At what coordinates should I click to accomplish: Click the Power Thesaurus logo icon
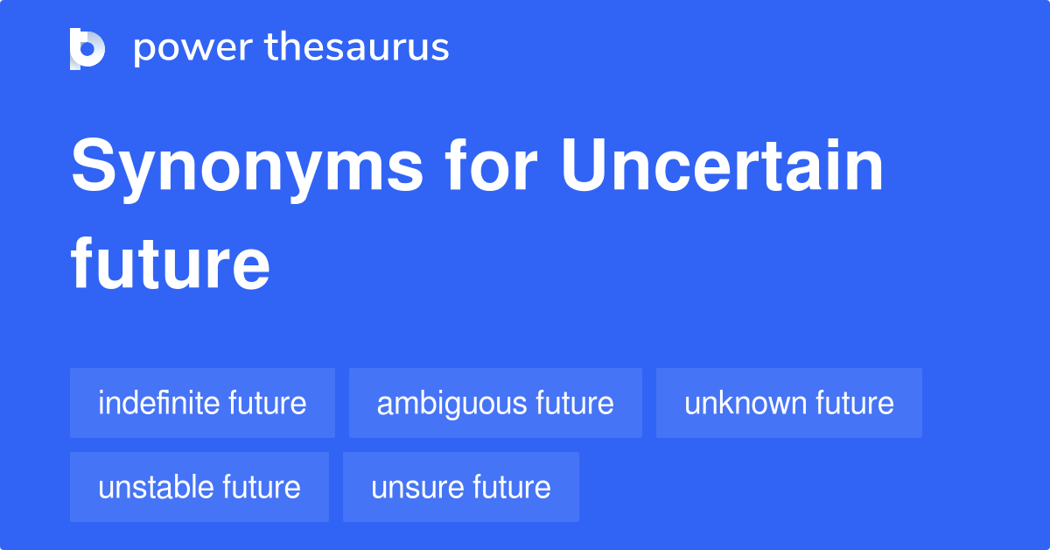(87, 48)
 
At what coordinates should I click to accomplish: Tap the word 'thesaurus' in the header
(357, 48)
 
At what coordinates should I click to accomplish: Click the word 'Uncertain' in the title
(723, 168)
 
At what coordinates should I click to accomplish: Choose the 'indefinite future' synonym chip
(202, 403)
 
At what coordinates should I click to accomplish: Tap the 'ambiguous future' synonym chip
(495, 403)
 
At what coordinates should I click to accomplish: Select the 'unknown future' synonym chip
(789, 403)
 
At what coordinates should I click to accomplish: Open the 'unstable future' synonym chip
(199, 487)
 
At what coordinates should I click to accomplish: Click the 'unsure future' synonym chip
(461, 487)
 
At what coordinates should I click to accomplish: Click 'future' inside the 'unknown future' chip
(855, 403)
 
